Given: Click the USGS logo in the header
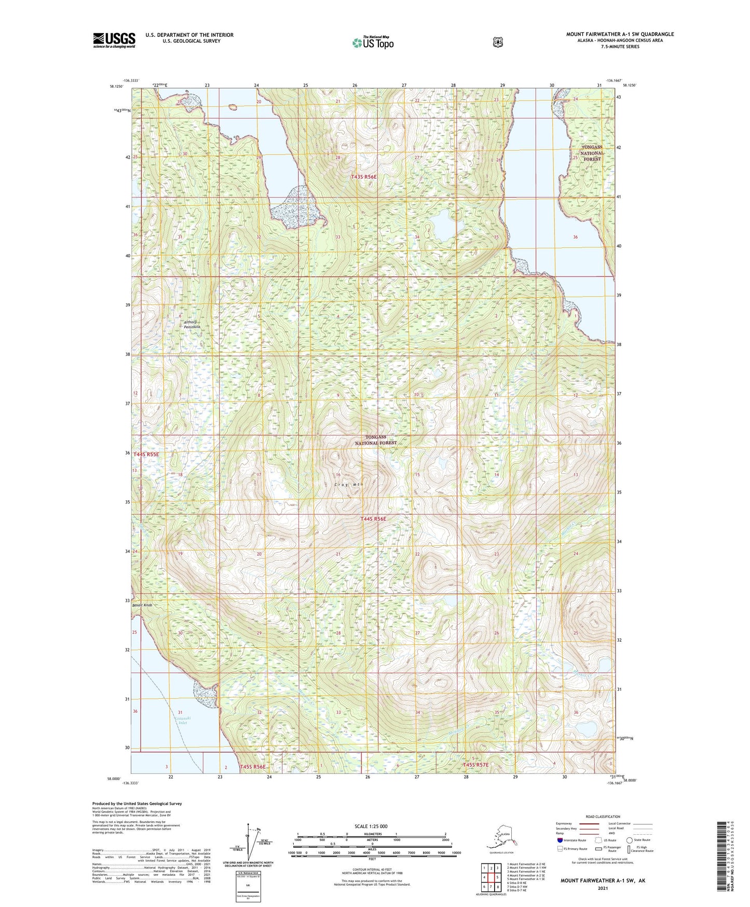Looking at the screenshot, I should coord(114,40).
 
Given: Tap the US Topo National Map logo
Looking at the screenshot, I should coord(373,43).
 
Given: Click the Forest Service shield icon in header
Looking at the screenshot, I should coord(497,42).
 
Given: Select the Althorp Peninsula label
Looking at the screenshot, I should coord(192,325).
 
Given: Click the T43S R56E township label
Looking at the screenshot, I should coord(363,177).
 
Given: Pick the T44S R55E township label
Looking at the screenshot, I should coord(146,455).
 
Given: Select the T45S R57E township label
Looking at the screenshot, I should coord(475,765).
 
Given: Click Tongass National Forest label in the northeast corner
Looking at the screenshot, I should coord(592,153).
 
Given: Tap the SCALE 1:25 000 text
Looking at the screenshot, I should coord(371,826).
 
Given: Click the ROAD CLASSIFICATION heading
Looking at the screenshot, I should coord(602,817).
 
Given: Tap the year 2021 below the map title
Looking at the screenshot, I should coord(603,888).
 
